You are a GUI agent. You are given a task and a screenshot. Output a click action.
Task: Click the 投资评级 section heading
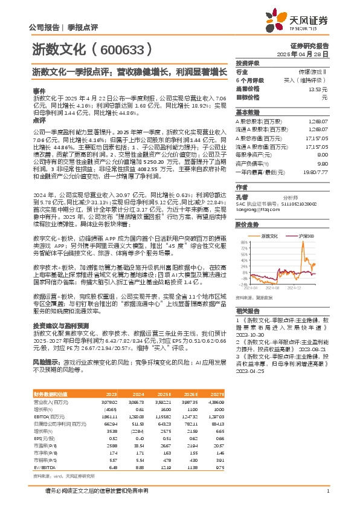(x=247, y=63)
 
